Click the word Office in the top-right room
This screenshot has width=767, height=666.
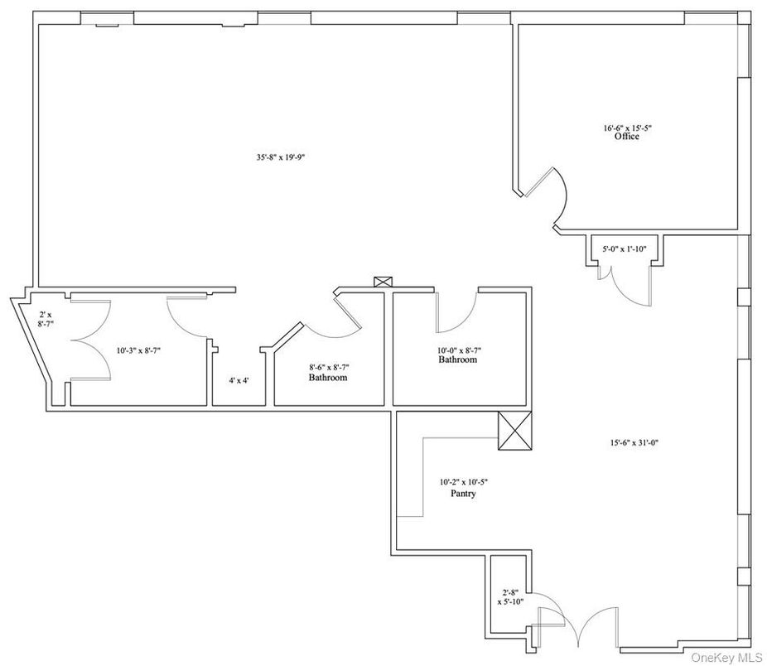coord(627,137)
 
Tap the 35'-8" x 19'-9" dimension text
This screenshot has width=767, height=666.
coord(281,157)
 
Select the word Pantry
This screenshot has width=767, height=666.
coord(463,493)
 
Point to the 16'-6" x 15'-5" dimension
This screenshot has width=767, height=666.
coord(628,128)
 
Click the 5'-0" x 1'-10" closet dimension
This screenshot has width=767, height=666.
coord(625,249)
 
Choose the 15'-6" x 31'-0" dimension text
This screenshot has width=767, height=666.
coord(634,443)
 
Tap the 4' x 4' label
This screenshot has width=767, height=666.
coord(239,380)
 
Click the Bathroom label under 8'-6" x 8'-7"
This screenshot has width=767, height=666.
coord(328,377)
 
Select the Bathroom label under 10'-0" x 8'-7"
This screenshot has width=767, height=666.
coord(457,360)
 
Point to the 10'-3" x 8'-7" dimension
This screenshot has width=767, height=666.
coord(138,350)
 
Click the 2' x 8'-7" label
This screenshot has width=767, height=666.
coord(46,319)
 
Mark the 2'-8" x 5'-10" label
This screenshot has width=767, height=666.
coord(510,597)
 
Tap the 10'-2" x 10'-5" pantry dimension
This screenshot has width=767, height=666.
coord(463,482)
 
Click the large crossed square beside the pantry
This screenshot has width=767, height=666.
coord(514,431)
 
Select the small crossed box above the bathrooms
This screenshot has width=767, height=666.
coord(383,282)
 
